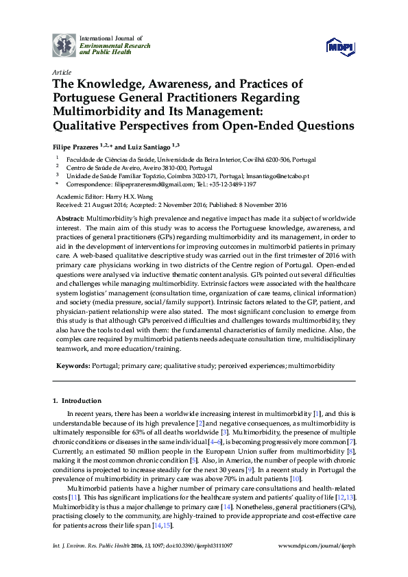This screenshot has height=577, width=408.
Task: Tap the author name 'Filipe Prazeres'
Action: tap(75, 147)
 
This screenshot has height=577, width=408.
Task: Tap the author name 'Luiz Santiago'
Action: tap(148, 147)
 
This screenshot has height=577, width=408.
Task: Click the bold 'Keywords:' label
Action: tap(72, 367)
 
